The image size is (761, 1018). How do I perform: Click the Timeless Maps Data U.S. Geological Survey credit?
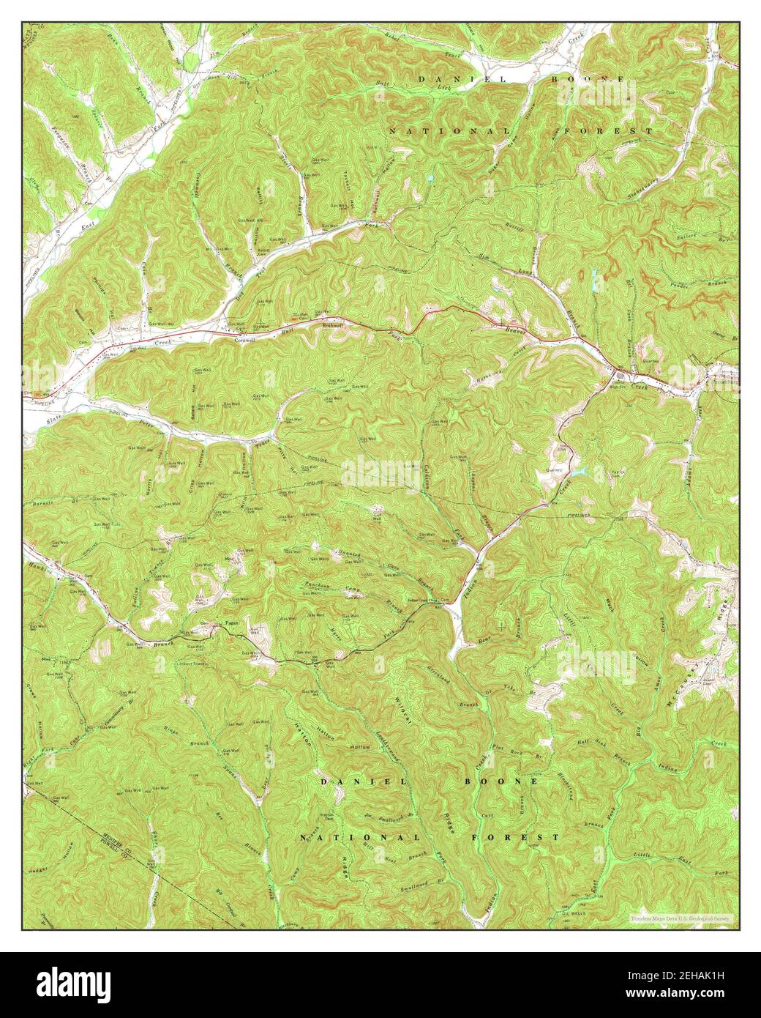[x=681, y=917]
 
